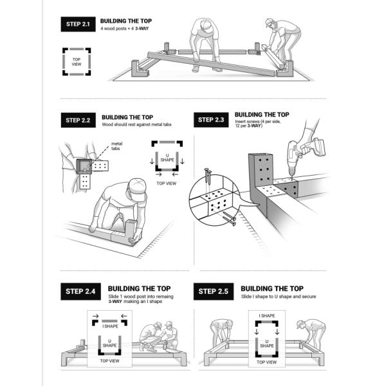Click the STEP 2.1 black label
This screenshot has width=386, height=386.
78,24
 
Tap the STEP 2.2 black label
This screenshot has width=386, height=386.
78,120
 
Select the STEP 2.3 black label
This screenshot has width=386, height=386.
211,120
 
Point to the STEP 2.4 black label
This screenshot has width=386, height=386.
80,291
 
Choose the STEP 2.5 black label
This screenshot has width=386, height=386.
214,291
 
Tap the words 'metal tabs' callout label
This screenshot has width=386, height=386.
116,146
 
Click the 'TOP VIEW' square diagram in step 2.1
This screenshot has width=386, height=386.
77,62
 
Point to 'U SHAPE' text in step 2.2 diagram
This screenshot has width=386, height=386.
167,158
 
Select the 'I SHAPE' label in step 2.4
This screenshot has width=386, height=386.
110,326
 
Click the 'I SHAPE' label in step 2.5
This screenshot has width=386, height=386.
266,316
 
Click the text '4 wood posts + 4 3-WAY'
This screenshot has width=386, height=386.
124,28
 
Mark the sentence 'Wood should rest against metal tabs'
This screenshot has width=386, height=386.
136,125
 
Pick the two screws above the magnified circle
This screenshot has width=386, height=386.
208,178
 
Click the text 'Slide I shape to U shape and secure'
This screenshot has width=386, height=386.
279,297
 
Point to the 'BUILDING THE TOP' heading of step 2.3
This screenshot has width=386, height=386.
262,115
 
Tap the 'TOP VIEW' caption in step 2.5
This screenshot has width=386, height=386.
266,362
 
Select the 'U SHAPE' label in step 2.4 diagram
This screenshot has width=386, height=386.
109,344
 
